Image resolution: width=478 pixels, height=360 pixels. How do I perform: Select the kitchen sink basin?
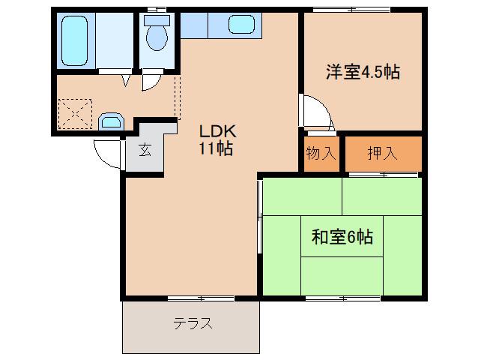[244, 25]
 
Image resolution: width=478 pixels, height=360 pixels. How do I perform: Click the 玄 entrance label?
[145, 148]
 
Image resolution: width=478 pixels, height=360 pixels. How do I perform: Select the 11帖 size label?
[214, 148]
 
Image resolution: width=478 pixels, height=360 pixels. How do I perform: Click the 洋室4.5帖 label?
[362, 72]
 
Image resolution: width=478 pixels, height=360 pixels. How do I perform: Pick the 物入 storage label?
[321, 154]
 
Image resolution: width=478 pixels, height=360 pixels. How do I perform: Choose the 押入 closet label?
[382, 154]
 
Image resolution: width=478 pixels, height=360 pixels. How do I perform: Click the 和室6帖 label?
[342, 238]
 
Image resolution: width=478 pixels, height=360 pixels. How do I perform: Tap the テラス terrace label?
[193, 324]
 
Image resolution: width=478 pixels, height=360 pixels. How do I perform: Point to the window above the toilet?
[157, 9]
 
